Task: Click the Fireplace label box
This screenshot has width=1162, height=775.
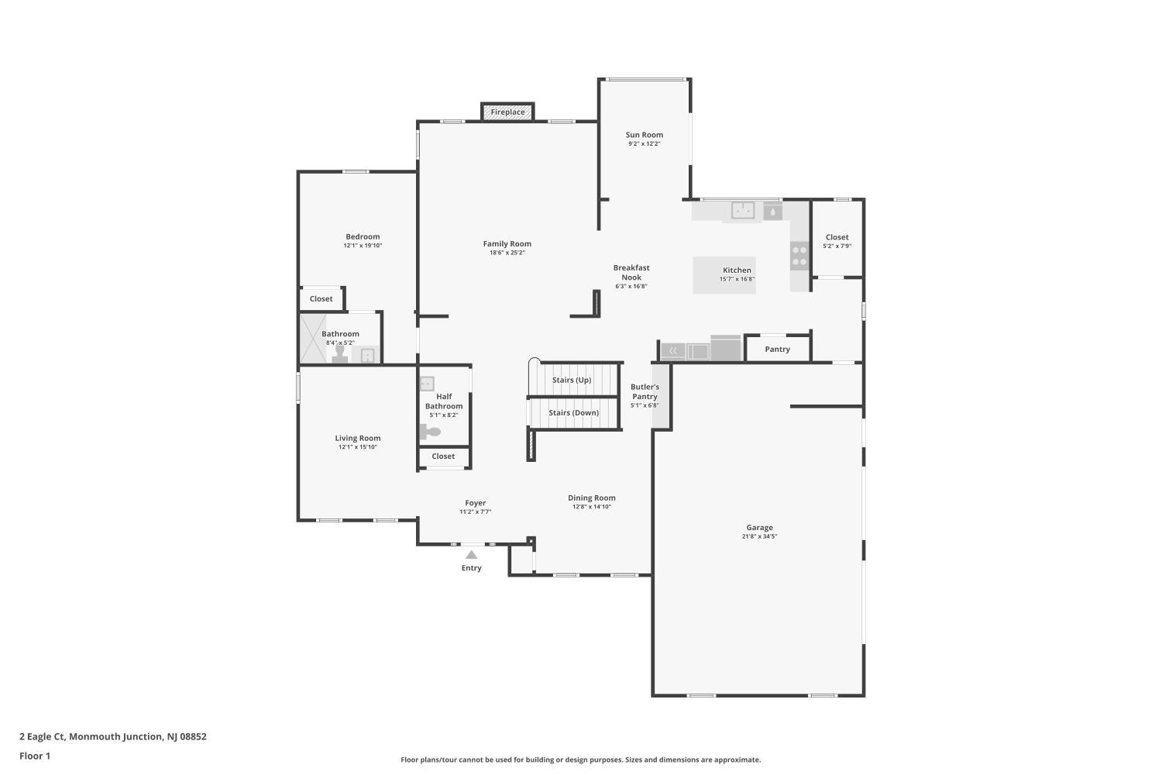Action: pyautogui.click(x=507, y=112)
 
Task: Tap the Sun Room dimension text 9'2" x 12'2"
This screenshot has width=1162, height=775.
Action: pyautogui.click(x=644, y=144)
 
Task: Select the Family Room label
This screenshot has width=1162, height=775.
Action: pyautogui.click(x=507, y=243)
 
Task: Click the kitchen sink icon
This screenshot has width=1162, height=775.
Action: pyautogui.click(x=742, y=210)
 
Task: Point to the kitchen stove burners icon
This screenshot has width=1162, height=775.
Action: pyautogui.click(x=799, y=256)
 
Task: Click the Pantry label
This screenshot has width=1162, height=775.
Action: pyautogui.click(x=777, y=350)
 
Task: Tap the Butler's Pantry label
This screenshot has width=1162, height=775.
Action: pyautogui.click(x=645, y=391)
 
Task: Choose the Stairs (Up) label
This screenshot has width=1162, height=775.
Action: pyautogui.click(x=572, y=380)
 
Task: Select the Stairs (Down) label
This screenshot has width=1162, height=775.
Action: pyautogui.click(x=574, y=412)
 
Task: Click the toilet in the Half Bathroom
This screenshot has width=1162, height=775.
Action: pyautogui.click(x=429, y=432)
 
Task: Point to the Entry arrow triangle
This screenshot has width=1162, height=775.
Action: pyautogui.click(x=471, y=554)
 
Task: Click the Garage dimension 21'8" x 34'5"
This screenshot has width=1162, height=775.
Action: pyautogui.click(x=759, y=536)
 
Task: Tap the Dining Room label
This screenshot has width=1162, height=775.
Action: pyautogui.click(x=591, y=498)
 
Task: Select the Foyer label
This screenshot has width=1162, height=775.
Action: pyautogui.click(x=475, y=502)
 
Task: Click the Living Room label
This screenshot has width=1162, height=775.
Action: pyautogui.click(x=357, y=438)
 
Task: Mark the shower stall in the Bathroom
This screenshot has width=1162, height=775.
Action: pyautogui.click(x=313, y=339)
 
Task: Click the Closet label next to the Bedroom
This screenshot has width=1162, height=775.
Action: pyautogui.click(x=321, y=298)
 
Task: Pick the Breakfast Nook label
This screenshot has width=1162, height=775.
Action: pyautogui.click(x=631, y=273)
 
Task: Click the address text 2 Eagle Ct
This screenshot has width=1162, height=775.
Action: pyautogui.click(x=43, y=736)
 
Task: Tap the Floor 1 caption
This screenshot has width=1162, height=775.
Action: pyautogui.click(x=35, y=756)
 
